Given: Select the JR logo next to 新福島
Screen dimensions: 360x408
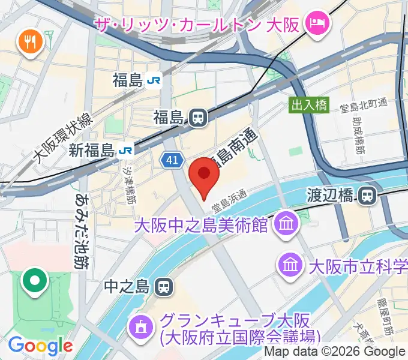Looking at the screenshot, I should [125, 149].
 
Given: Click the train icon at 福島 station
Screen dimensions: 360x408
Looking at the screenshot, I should [196, 117].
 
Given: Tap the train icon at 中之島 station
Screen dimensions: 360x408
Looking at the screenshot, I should [163, 287].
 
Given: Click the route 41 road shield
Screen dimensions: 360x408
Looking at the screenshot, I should [172, 160].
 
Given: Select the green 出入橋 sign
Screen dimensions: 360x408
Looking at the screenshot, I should [309, 104].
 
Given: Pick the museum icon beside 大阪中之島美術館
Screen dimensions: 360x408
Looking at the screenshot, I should [285, 225].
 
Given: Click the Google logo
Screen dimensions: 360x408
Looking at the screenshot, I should [40, 345].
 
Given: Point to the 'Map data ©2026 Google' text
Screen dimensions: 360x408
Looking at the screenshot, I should [334, 352].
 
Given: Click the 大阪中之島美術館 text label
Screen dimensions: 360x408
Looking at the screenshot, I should [200, 226].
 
